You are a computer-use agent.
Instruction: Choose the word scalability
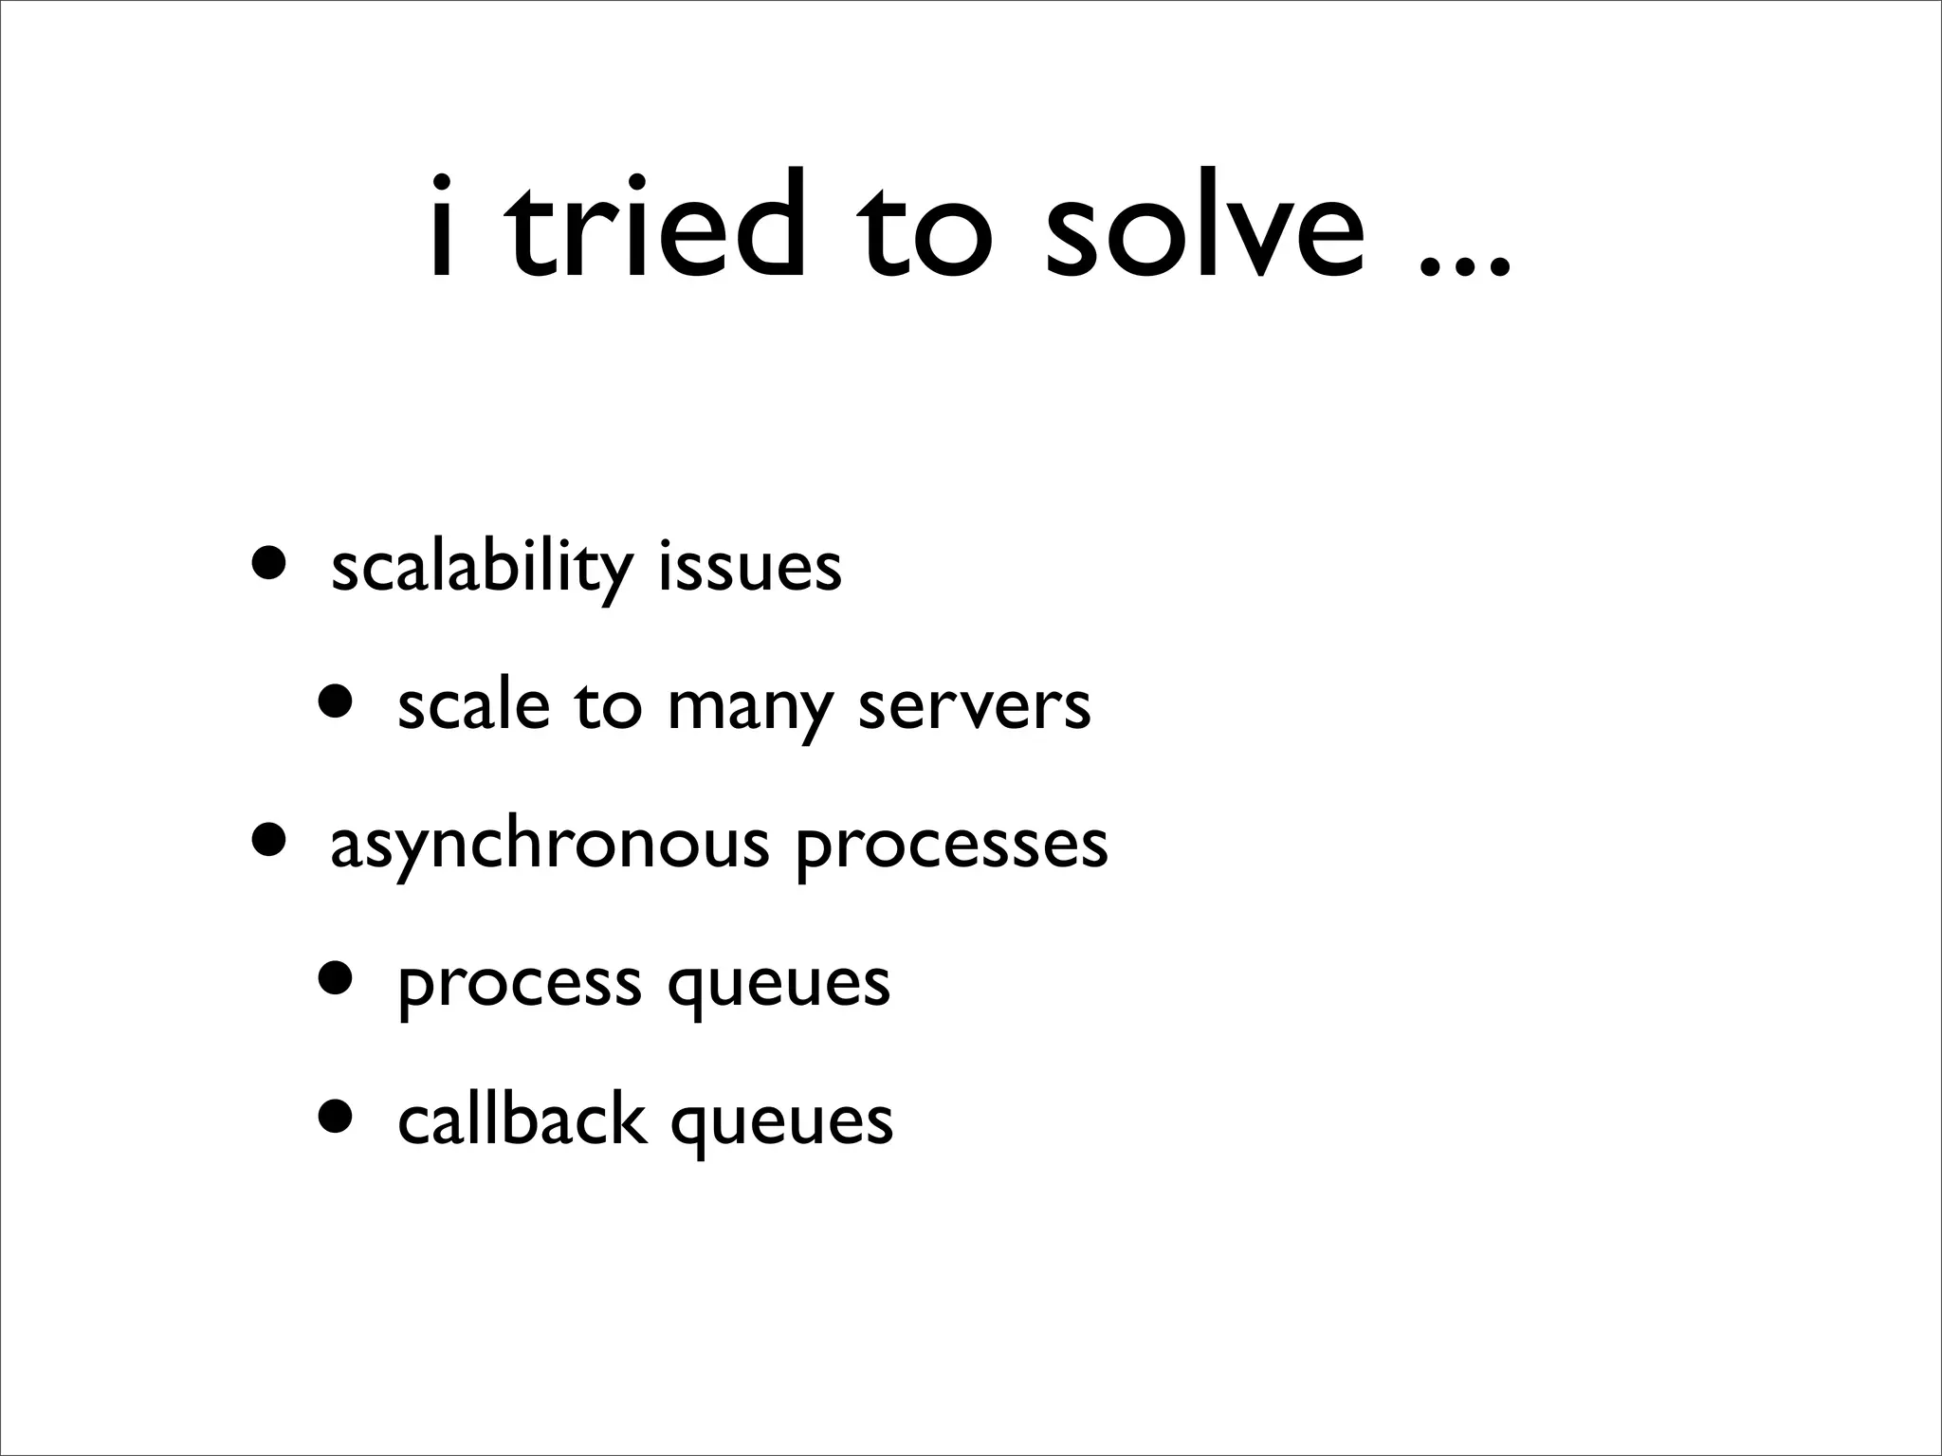click(x=482, y=569)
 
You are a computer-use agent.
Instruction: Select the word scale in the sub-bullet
click(x=473, y=705)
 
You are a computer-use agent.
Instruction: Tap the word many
click(x=750, y=711)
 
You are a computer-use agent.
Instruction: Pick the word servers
click(x=974, y=707)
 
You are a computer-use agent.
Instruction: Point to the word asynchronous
click(x=549, y=846)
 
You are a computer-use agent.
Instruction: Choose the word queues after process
click(x=779, y=987)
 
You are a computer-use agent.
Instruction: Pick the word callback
click(x=522, y=1119)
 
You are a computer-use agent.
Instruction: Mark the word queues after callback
click(x=781, y=1124)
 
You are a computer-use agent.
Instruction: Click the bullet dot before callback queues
click(x=337, y=1117)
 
